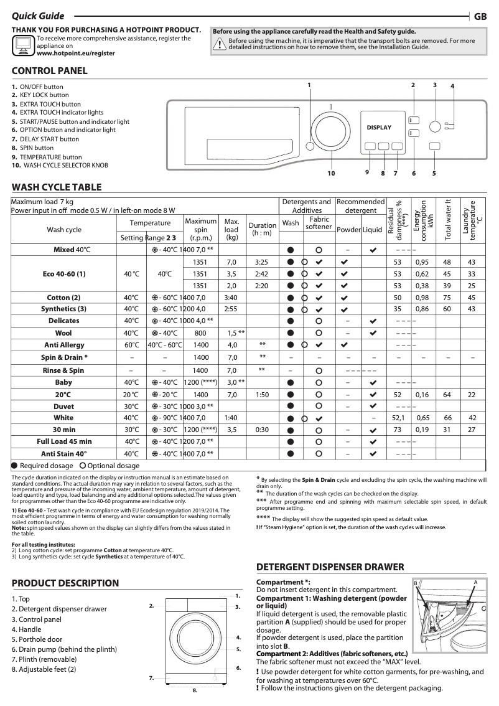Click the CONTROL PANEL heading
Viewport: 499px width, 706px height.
click(x=50, y=71)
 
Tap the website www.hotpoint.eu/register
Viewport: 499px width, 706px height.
click(x=76, y=54)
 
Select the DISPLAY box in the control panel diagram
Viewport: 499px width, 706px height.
click(x=379, y=128)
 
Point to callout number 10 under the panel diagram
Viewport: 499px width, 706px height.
click(x=331, y=173)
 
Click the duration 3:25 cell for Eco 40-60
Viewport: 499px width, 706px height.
click(x=262, y=262)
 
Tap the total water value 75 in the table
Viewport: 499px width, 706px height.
click(x=447, y=298)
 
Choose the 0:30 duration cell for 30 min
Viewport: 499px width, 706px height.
click(x=262, y=430)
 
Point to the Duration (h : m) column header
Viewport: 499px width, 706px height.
click(x=262, y=230)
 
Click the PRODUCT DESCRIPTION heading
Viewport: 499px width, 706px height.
click(x=65, y=583)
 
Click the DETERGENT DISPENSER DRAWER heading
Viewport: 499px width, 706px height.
click(x=330, y=567)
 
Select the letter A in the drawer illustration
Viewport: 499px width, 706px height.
click(x=475, y=581)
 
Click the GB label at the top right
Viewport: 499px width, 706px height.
click(x=480, y=17)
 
